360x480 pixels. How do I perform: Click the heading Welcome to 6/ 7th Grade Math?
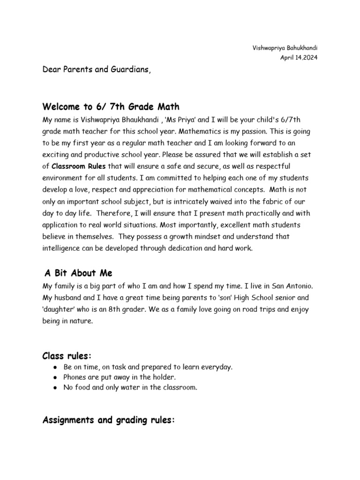click(x=111, y=106)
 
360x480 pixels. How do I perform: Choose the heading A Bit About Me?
click(x=79, y=273)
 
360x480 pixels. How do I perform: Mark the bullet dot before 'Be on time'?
click(x=55, y=367)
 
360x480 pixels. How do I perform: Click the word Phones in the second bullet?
click(x=75, y=377)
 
